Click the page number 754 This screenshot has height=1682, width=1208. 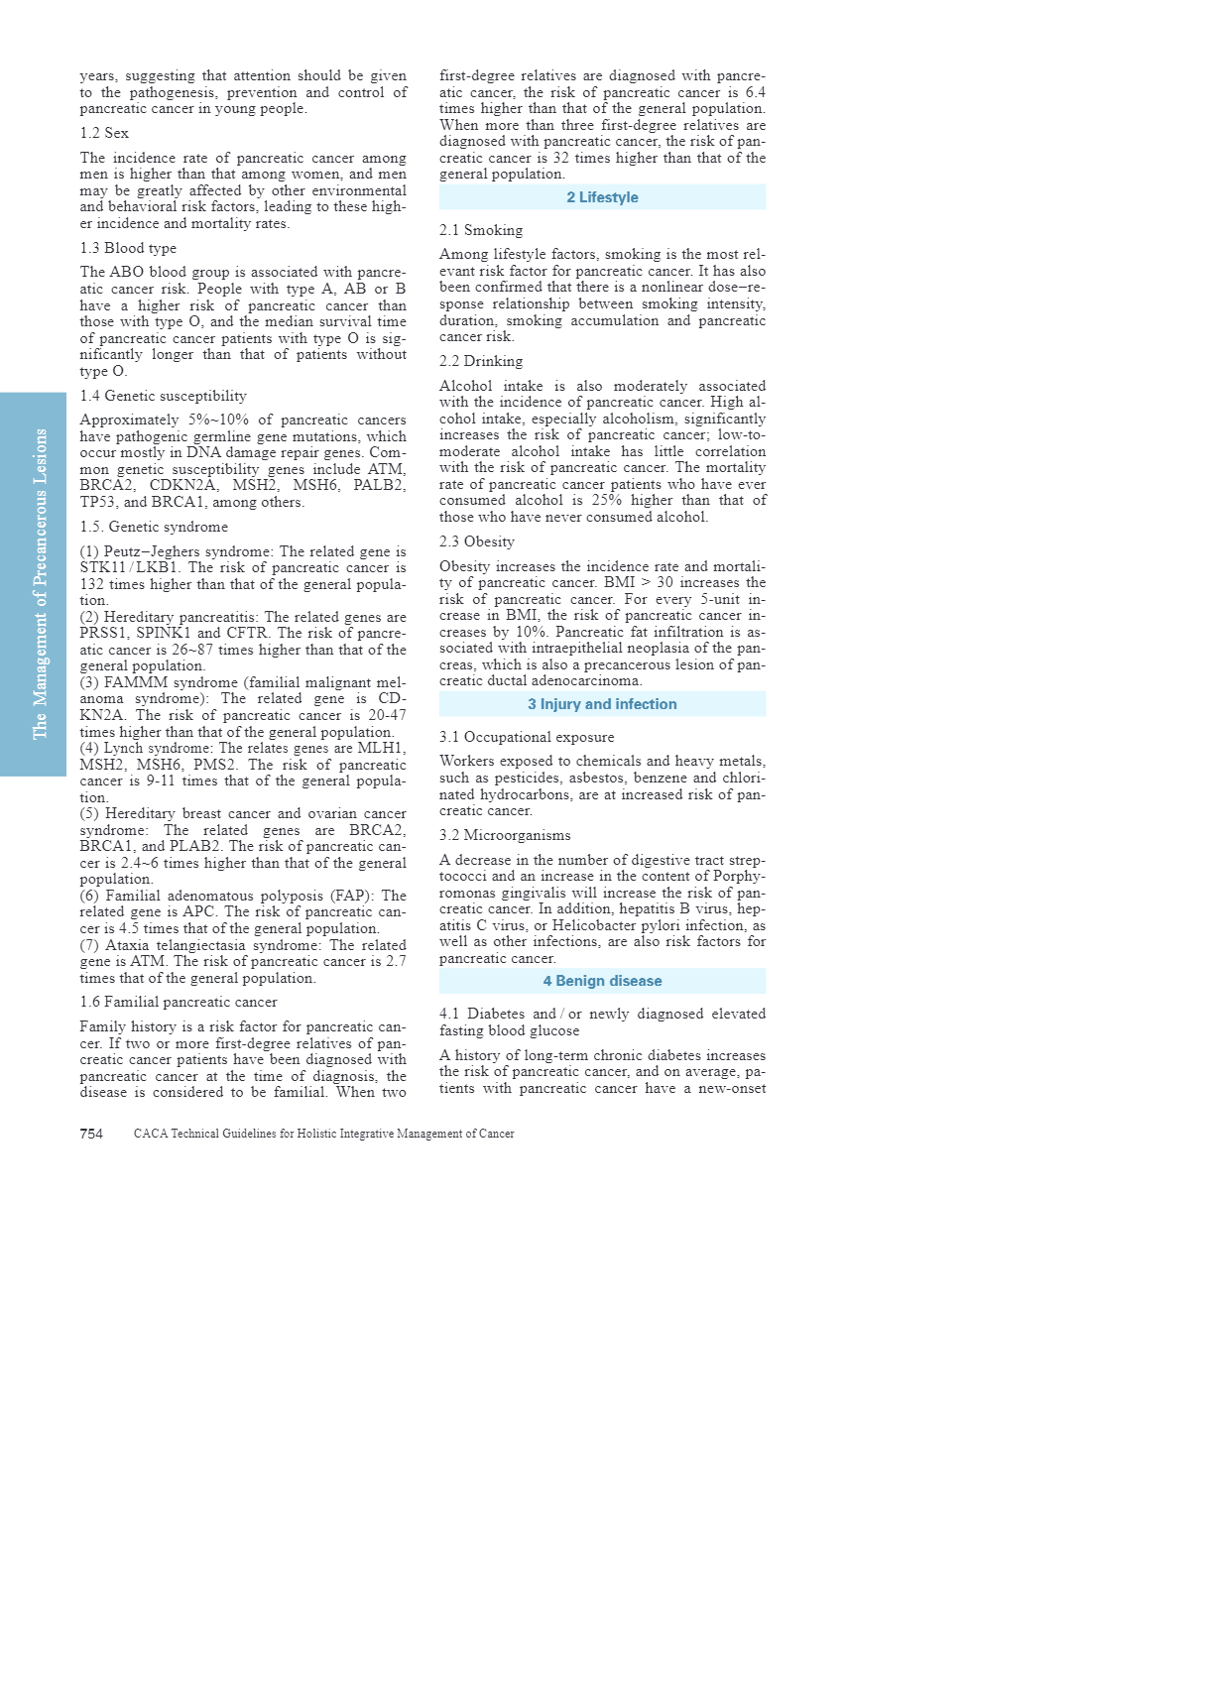[x=91, y=1134]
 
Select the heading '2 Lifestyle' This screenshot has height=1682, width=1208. [x=602, y=197]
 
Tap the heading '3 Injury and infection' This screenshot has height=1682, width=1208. [x=602, y=704]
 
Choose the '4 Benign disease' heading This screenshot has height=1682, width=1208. [x=602, y=981]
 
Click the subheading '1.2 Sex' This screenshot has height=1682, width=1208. [x=104, y=133]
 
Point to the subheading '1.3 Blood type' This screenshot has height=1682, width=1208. [x=128, y=248]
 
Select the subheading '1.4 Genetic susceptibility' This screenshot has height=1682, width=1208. [x=163, y=396]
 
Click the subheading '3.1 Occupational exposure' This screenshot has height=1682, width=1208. [x=527, y=737]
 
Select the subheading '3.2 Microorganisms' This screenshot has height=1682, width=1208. [x=505, y=835]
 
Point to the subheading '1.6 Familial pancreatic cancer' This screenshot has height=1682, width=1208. [x=179, y=1002]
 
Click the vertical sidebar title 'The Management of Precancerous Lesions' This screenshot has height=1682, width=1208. [x=40, y=583]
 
